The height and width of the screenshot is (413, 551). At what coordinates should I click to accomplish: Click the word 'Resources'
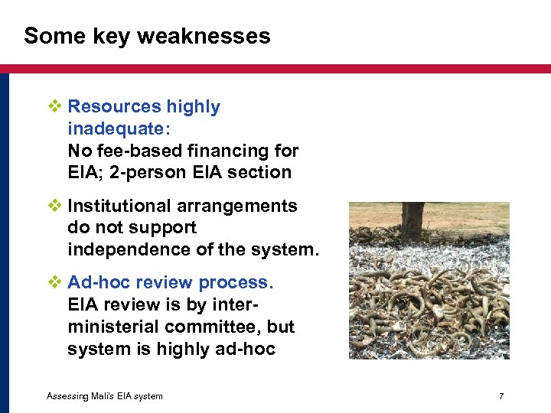click(114, 107)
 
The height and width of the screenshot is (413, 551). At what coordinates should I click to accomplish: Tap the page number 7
click(500, 396)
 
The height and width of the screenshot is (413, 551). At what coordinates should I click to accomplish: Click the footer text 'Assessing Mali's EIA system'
click(104, 396)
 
